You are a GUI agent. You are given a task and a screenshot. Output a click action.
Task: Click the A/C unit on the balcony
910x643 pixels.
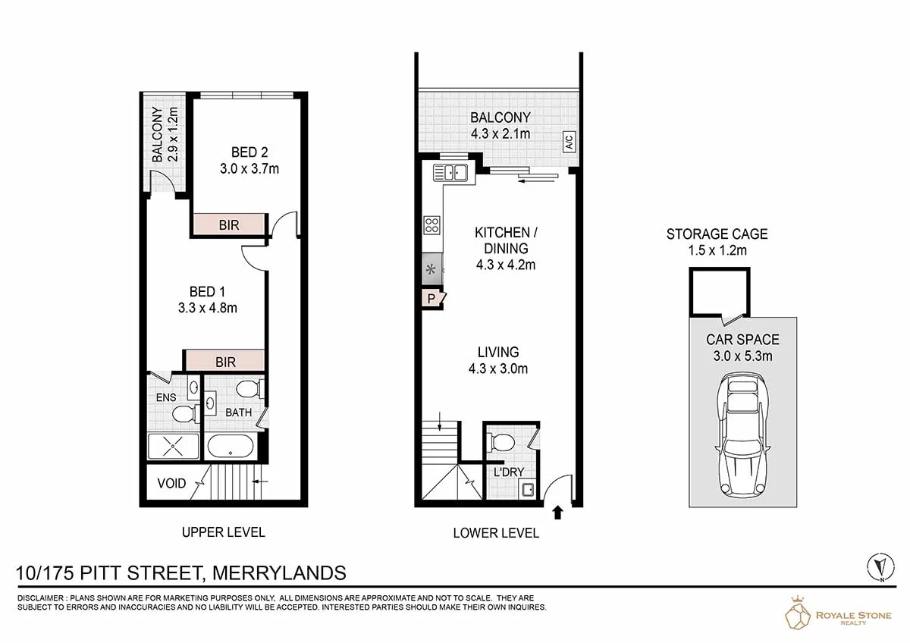pos(570,142)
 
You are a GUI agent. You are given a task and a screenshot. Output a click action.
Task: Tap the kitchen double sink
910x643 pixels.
pos(450,173)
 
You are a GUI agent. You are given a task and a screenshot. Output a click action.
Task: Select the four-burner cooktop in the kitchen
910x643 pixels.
pos(431,225)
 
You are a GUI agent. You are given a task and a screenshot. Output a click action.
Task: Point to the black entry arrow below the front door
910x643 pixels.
pos(558,513)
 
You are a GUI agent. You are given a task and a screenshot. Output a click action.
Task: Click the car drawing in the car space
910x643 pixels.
pos(742,434)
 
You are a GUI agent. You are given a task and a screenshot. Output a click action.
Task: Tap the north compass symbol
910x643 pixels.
pos(880,567)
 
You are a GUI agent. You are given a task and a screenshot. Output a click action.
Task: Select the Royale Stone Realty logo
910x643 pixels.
pos(838,613)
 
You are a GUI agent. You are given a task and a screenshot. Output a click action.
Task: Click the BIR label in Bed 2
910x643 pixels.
pos(229,225)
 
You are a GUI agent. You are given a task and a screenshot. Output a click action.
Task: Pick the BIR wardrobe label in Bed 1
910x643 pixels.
pos(225,362)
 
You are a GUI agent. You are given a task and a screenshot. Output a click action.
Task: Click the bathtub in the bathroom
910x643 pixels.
pos(231,447)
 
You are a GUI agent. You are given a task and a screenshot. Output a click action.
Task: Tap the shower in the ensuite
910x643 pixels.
pos(174,447)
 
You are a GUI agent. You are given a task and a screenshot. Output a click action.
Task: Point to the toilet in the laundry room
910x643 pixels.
pos(501,442)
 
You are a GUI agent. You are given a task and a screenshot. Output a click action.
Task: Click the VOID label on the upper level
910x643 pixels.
pos(171,483)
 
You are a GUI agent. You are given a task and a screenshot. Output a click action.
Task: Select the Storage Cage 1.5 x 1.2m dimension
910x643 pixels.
pos(717,250)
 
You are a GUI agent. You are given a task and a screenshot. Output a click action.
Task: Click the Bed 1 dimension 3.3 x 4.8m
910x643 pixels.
pos(208,308)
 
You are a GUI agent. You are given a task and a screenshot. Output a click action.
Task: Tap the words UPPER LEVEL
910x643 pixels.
pos(224,532)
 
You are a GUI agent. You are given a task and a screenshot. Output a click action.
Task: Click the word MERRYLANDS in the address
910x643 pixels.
pos(279,573)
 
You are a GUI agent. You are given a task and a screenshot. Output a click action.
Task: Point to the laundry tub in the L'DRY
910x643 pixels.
pos(528,490)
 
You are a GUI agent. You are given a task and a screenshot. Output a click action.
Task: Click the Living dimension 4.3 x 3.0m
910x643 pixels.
pos(498,369)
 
